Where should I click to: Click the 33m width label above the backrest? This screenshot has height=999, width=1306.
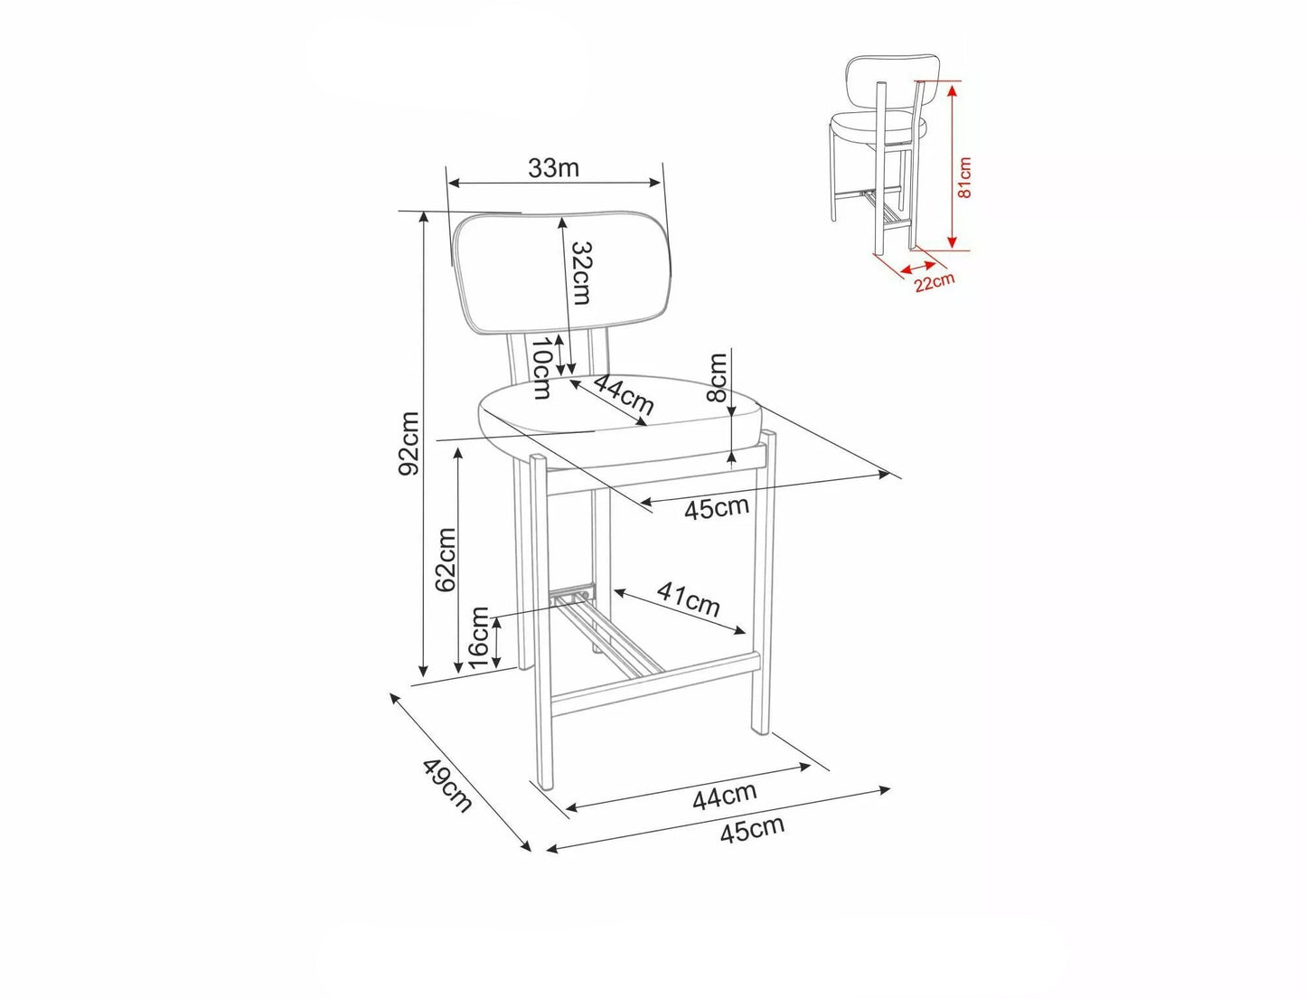pos(553,168)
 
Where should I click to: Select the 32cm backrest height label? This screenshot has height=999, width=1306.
pos(579,273)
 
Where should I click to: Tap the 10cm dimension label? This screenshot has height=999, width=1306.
pos(540,368)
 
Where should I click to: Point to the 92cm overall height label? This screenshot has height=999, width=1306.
pos(409,443)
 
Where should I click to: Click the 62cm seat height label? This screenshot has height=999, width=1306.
pos(446,560)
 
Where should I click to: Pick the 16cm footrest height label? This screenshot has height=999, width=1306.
pos(479,638)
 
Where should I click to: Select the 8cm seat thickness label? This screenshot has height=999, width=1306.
pos(719,377)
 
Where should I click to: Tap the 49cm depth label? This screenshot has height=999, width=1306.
pos(446,786)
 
